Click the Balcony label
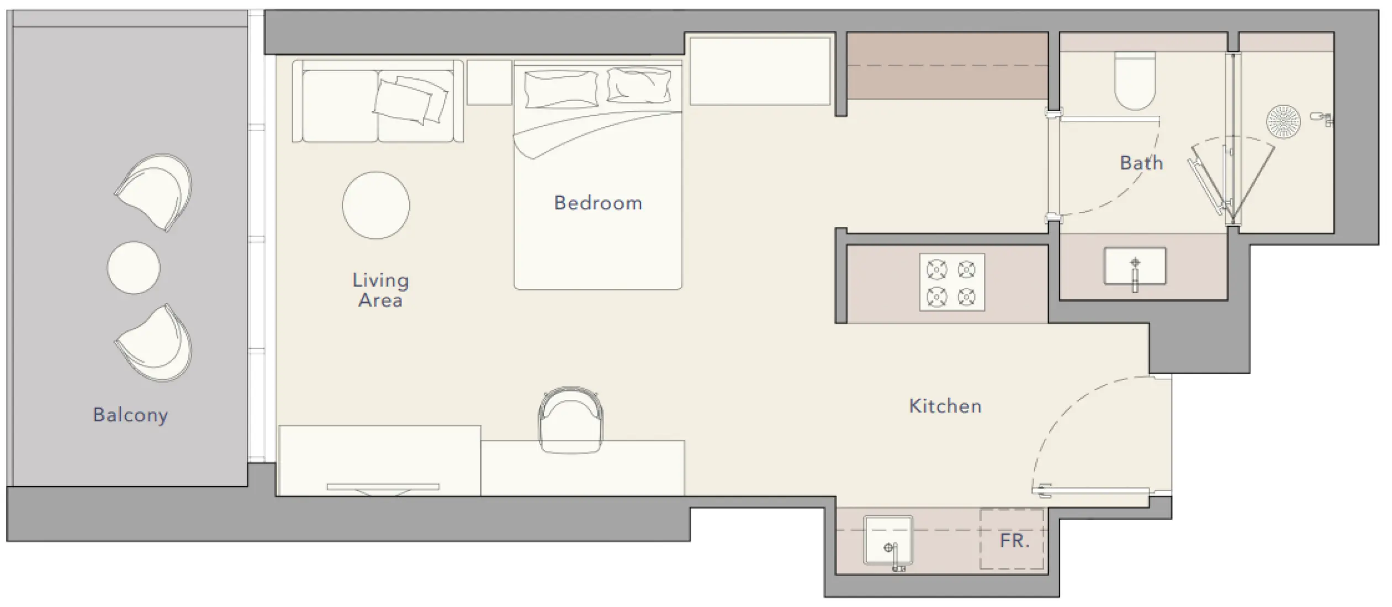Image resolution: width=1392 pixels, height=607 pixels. [130, 414]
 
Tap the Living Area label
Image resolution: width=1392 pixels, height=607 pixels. [380, 290]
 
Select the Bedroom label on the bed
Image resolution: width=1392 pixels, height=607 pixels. [598, 203]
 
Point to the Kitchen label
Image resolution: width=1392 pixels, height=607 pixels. [945, 406]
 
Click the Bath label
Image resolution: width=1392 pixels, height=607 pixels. [1141, 163]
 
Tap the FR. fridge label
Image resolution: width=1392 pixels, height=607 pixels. [1014, 540]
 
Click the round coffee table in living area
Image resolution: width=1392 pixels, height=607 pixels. [376, 205]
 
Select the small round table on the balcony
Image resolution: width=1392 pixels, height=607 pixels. [134, 268]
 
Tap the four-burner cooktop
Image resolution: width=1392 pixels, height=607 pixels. [952, 283]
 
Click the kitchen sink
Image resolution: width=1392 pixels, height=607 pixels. [888, 540]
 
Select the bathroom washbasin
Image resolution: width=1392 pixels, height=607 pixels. [1135, 266]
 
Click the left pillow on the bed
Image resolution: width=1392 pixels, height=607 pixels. [560, 88]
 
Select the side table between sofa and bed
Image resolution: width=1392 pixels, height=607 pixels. [490, 83]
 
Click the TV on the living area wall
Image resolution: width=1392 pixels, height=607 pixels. [383, 487]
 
